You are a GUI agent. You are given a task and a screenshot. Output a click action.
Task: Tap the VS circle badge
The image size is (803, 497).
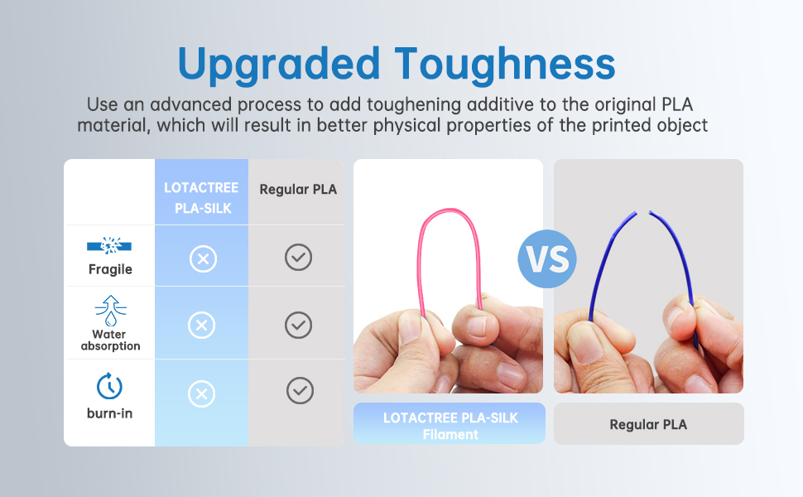(x=547, y=258)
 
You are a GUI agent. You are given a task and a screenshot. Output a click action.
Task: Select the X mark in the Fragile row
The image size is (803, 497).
(x=204, y=258)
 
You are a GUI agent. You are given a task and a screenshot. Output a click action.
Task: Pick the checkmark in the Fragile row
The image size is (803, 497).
(x=299, y=258)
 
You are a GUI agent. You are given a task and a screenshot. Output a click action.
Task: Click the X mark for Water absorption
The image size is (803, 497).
(x=202, y=325)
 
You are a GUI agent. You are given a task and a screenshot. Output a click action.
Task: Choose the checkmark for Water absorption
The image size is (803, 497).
(x=299, y=325)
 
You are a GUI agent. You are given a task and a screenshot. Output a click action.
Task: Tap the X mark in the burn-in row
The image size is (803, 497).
(x=202, y=393)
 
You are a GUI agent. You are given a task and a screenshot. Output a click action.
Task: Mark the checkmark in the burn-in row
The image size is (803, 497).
(x=301, y=391)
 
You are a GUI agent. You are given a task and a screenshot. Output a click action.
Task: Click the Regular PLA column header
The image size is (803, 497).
(x=298, y=190)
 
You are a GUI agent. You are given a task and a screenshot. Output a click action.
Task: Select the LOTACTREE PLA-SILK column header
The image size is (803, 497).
(x=202, y=198)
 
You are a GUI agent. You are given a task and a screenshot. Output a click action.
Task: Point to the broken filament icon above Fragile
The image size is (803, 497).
(x=109, y=246)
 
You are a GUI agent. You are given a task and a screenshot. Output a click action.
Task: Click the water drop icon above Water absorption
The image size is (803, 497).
(x=111, y=311)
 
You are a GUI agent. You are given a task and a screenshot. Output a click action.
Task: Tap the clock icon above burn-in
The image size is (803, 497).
(x=109, y=386)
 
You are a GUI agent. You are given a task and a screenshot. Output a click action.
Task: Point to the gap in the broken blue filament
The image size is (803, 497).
(x=643, y=213)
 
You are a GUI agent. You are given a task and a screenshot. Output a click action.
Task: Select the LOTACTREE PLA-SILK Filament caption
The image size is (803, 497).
(x=450, y=426)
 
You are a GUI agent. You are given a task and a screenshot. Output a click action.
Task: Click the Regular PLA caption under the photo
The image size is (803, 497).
(x=648, y=425)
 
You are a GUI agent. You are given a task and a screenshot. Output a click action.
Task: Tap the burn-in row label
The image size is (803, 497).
(x=109, y=413)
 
